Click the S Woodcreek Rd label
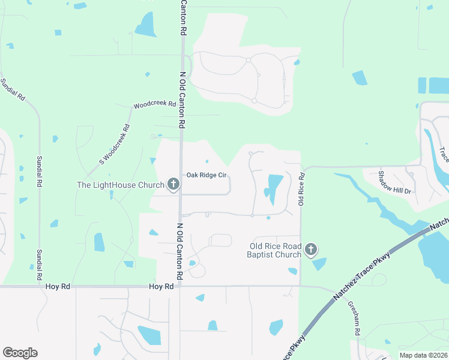[x=115, y=145]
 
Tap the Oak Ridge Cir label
[x=206, y=175]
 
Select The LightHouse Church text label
[x=120, y=185]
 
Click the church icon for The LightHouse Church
[x=173, y=184]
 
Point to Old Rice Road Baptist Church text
[x=276, y=250]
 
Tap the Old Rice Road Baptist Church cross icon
[x=311, y=250]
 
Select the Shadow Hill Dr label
[x=394, y=182]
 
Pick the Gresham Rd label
[x=354, y=317]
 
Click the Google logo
[x=20, y=352]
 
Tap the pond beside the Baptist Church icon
[x=320, y=264]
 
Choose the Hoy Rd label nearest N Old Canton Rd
[x=161, y=287]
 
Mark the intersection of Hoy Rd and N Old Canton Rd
[x=179, y=287]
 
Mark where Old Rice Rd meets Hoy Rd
[x=300, y=286]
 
